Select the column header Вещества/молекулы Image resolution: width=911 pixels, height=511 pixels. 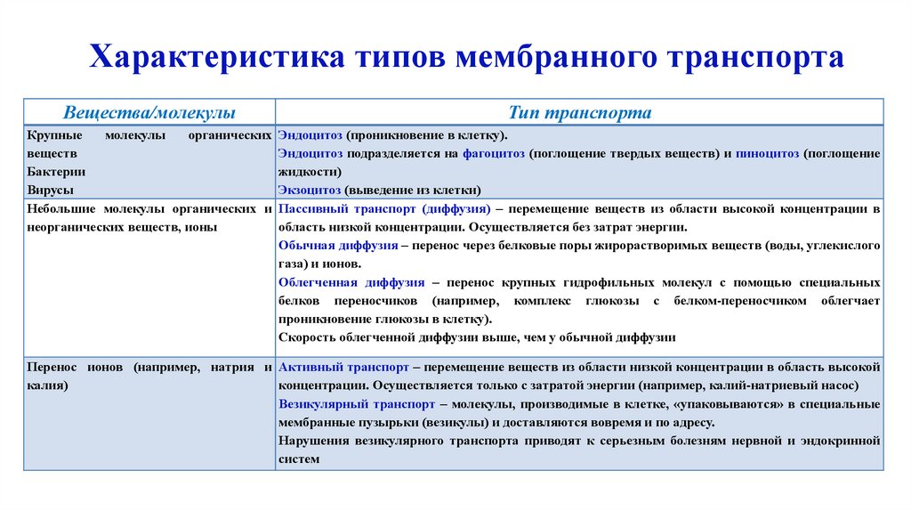tap(149, 113)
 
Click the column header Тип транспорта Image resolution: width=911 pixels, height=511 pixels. tap(580, 113)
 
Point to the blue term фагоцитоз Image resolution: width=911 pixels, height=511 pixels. tap(494, 154)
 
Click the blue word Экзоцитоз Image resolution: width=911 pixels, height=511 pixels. tap(310, 190)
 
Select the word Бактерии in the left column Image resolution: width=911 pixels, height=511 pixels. tap(51, 172)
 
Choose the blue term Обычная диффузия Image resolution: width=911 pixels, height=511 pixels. tap(337, 246)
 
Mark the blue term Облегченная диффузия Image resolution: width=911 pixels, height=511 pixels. tap(351, 282)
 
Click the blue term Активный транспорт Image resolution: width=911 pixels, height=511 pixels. tap(343, 367)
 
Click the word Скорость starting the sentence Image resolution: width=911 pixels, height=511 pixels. tap(307, 337)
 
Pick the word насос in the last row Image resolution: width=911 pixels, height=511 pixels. tap(841, 385)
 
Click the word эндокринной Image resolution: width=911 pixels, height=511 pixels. tap(837, 441)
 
